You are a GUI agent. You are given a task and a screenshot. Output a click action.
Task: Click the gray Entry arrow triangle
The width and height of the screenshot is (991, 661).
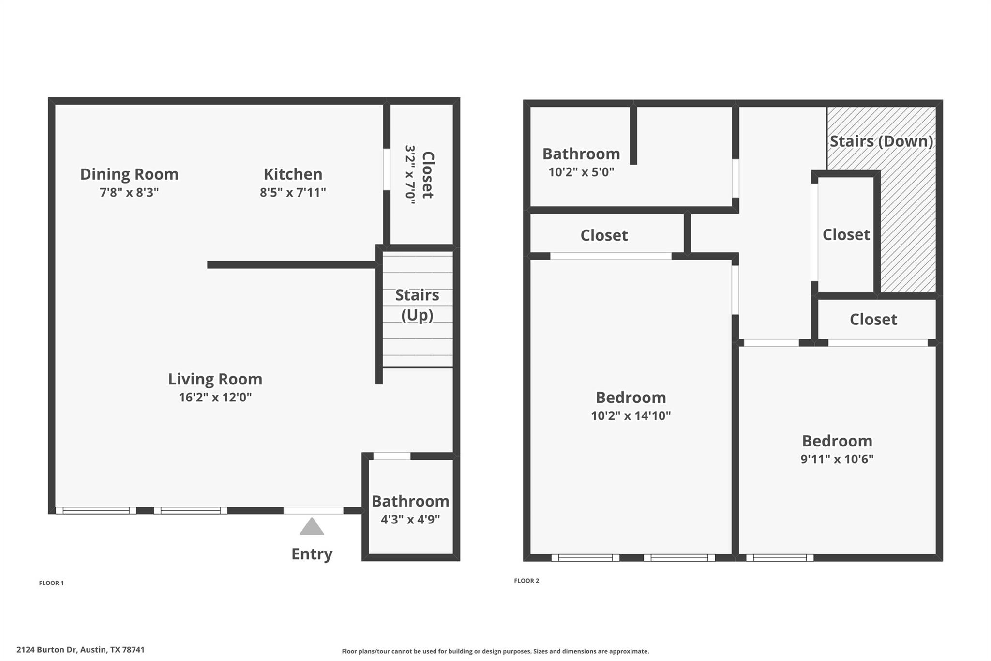[x=312, y=527]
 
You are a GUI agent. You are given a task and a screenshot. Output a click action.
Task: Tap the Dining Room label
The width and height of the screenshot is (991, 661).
[x=129, y=174]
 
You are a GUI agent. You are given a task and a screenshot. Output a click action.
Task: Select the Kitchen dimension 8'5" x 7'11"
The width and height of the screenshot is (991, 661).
[x=293, y=192]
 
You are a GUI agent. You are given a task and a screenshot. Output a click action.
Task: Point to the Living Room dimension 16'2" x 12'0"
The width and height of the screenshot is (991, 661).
[x=215, y=398]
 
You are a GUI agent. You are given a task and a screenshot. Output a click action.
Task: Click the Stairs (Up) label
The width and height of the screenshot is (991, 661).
[x=417, y=305]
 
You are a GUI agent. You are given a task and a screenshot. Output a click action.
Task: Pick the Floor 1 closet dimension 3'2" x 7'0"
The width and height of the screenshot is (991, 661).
[x=410, y=175]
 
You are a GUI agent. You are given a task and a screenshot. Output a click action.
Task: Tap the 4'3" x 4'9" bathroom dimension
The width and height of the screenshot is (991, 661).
[x=410, y=520]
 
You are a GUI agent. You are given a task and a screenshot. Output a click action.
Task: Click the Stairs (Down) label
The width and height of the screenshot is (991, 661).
[x=881, y=141]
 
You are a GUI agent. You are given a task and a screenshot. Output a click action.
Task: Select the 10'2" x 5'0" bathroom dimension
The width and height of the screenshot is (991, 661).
[x=581, y=172]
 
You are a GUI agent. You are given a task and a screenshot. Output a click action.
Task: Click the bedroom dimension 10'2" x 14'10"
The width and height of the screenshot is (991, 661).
[x=631, y=415]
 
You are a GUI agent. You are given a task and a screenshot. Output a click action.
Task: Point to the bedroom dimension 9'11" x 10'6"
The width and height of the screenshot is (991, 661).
[x=837, y=459]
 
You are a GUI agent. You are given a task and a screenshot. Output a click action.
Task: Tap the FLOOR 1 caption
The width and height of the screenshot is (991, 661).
[x=51, y=583]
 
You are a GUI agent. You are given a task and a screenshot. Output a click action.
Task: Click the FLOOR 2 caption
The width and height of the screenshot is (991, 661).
[x=526, y=581]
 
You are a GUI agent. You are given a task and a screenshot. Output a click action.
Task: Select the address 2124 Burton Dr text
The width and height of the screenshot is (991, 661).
[x=80, y=650]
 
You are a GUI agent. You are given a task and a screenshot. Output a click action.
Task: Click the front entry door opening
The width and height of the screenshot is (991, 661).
[x=314, y=510]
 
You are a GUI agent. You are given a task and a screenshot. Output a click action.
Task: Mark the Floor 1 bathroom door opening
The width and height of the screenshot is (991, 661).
[x=392, y=456]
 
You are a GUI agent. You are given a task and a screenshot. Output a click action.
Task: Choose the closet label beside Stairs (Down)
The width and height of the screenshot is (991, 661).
[x=846, y=235]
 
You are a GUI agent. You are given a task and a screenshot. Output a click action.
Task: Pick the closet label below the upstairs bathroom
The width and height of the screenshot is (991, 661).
[x=604, y=235]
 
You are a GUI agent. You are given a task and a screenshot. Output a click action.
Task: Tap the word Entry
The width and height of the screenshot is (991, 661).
[x=312, y=554]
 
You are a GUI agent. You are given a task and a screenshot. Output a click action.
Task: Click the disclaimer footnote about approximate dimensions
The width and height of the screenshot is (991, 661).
[x=495, y=651]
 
